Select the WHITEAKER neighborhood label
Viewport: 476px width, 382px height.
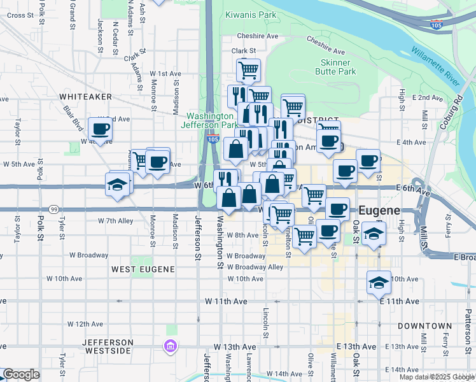click(85, 96)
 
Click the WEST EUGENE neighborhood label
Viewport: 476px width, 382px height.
click(143, 269)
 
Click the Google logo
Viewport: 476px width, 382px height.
click(20, 374)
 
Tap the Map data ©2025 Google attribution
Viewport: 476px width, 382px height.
click(437, 377)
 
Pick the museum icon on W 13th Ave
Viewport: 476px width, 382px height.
click(170, 346)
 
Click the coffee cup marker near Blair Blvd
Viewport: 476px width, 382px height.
click(101, 130)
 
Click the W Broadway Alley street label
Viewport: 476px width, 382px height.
click(256, 267)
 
